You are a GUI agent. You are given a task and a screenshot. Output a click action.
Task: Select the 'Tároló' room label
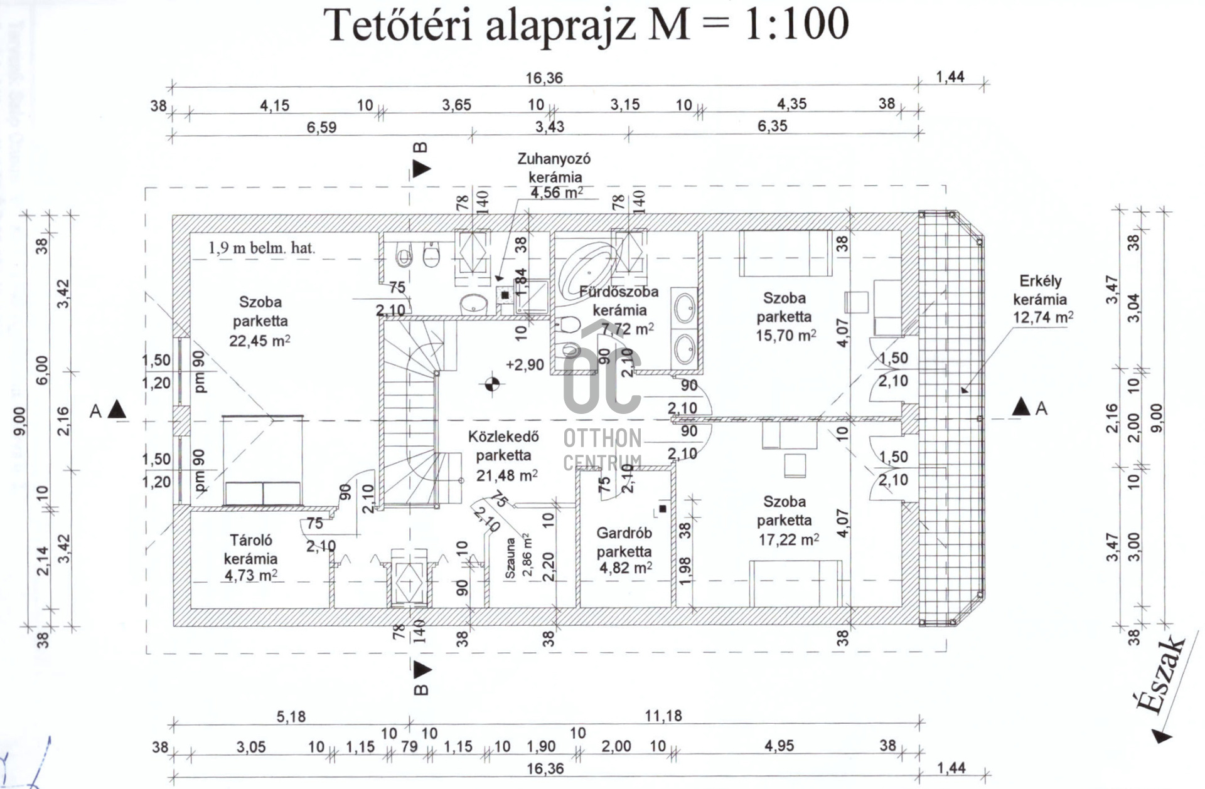point(250,540)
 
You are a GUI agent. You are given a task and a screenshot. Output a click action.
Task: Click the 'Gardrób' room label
point(624,533)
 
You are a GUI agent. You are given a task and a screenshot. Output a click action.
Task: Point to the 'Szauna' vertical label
point(510,558)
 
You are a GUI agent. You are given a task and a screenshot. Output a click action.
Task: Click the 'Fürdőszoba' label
point(619,292)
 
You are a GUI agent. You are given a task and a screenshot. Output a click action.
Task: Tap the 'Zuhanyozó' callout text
point(554,159)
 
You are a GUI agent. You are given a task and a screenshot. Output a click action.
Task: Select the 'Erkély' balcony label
point(1040,281)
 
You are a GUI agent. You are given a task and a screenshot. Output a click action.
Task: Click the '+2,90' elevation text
point(525,364)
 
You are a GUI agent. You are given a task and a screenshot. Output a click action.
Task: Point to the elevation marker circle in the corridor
point(493,383)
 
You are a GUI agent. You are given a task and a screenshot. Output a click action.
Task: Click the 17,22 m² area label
point(788,539)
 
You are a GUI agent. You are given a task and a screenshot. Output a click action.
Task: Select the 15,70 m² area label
point(785,335)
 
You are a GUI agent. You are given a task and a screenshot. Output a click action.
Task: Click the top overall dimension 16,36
point(544,78)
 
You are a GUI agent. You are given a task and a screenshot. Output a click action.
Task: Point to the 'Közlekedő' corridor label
point(503,436)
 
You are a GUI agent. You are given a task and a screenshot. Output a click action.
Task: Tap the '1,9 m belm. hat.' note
point(262,248)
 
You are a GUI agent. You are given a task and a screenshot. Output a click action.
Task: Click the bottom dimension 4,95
point(779,746)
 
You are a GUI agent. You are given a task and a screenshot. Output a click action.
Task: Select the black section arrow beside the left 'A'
point(117,410)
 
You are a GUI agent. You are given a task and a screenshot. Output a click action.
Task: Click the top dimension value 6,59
point(321,127)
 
